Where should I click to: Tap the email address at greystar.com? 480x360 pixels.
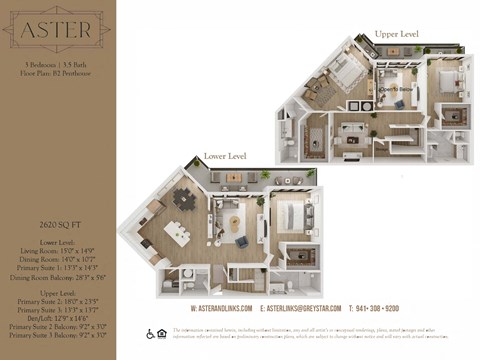click(x=300, y=307)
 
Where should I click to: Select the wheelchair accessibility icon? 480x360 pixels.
click(x=149, y=333)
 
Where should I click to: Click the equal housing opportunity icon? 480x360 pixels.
click(x=162, y=333)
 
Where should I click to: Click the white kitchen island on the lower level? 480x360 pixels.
click(x=178, y=233)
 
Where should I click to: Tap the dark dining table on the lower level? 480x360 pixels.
click(x=184, y=199)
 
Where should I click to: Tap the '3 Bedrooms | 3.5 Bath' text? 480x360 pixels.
click(x=57, y=64)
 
